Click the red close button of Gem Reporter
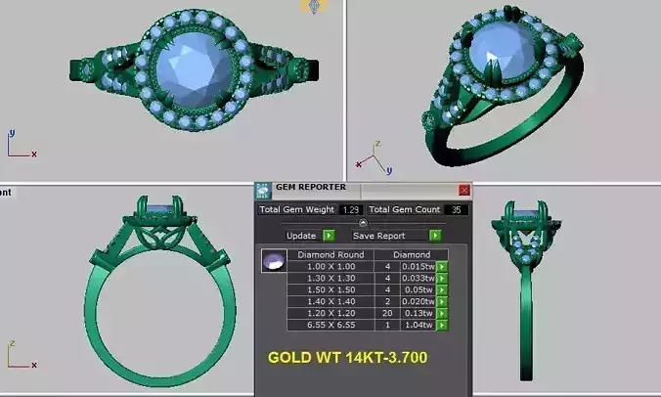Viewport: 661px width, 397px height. click(x=464, y=190)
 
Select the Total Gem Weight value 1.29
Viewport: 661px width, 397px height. click(x=352, y=209)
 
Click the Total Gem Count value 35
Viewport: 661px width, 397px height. click(x=454, y=209)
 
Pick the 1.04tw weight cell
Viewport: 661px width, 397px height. click(x=419, y=325)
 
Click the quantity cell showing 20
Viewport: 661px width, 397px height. click(x=387, y=313)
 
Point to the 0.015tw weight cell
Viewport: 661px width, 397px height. click(x=419, y=266)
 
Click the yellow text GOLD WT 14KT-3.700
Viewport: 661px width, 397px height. click(x=347, y=358)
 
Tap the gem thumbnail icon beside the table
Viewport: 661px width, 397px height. click(x=275, y=262)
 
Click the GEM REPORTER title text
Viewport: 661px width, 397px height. click(x=314, y=189)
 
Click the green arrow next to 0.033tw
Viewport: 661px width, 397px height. click(x=442, y=278)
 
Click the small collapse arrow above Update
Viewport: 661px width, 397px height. click(x=363, y=223)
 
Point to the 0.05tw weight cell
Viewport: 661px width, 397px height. click(x=419, y=289)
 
